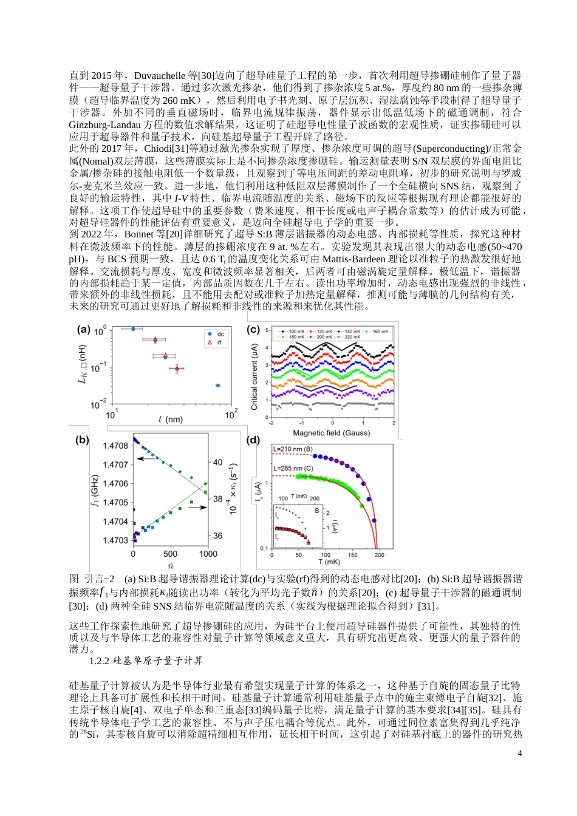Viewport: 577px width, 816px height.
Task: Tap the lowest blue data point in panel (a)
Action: point(218,386)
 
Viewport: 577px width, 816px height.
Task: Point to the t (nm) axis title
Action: point(170,420)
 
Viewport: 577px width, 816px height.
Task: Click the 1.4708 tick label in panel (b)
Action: point(115,446)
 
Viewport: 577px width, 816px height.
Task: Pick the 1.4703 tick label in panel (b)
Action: point(115,540)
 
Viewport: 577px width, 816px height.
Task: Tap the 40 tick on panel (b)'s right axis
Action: point(217,462)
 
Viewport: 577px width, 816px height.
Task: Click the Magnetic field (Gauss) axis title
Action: point(331,433)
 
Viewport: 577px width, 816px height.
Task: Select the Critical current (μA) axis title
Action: point(254,376)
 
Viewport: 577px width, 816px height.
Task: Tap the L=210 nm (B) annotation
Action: point(293,449)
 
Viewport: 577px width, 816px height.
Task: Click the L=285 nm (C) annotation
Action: point(293,469)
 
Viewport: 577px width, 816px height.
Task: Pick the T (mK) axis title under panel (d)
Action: point(329,562)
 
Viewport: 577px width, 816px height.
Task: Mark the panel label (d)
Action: point(253,440)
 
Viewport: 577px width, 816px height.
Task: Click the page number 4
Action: point(519,753)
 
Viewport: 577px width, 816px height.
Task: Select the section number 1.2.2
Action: point(100,661)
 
